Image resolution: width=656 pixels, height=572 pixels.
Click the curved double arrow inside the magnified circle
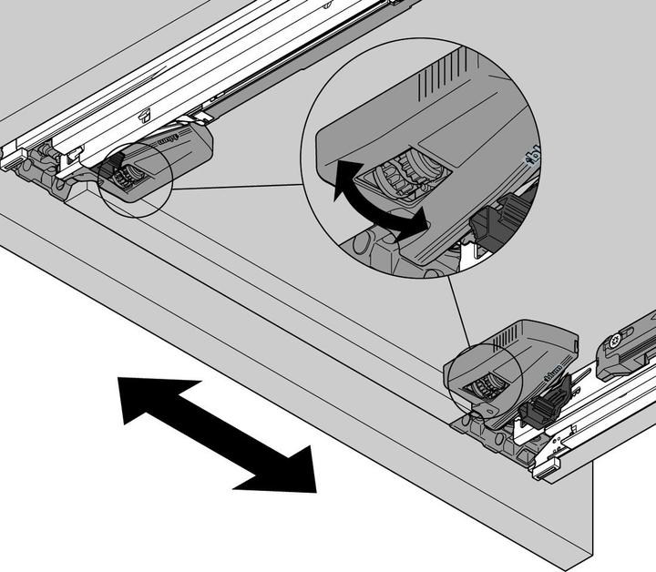[x=370, y=199]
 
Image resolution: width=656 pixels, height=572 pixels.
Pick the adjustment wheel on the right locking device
[x=482, y=386]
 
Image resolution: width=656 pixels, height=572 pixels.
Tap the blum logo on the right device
[x=552, y=371]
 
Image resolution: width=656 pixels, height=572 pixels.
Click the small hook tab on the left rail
[x=147, y=115]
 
